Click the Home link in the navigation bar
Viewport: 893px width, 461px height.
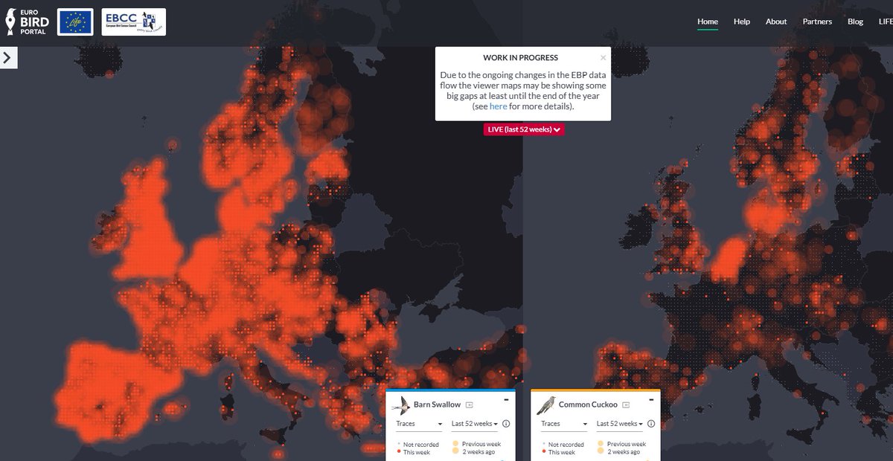[x=707, y=22]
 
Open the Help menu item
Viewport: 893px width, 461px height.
[x=741, y=22]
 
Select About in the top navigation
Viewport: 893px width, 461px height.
[x=776, y=22]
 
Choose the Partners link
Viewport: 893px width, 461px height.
[x=817, y=22]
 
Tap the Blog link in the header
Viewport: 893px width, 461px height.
[x=855, y=22]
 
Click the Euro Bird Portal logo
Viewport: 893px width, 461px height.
[x=27, y=22]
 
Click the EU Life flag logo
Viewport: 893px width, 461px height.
[x=75, y=22]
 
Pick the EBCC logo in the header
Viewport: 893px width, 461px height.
[x=134, y=22]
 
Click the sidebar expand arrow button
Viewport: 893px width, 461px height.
[x=8, y=58]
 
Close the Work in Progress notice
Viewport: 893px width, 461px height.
[x=603, y=57]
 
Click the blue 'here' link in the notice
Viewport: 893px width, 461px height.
[x=498, y=106]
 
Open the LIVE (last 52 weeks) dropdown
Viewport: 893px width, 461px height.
[x=523, y=129]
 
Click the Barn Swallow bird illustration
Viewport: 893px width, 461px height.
[x=401, y=405]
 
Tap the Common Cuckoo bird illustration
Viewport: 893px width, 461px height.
[x=546, y=405]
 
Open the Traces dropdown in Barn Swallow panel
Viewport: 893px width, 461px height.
[x=419, y=424]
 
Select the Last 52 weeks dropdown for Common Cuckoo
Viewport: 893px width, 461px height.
[x=621, y=424]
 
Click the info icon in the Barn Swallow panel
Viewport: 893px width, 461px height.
[x=506, y=424]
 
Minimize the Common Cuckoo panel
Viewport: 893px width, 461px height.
[x=651, y=399]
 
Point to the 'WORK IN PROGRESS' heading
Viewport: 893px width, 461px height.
[x=520, y=58]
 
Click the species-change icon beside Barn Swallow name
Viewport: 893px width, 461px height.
[x=469, y=405]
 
